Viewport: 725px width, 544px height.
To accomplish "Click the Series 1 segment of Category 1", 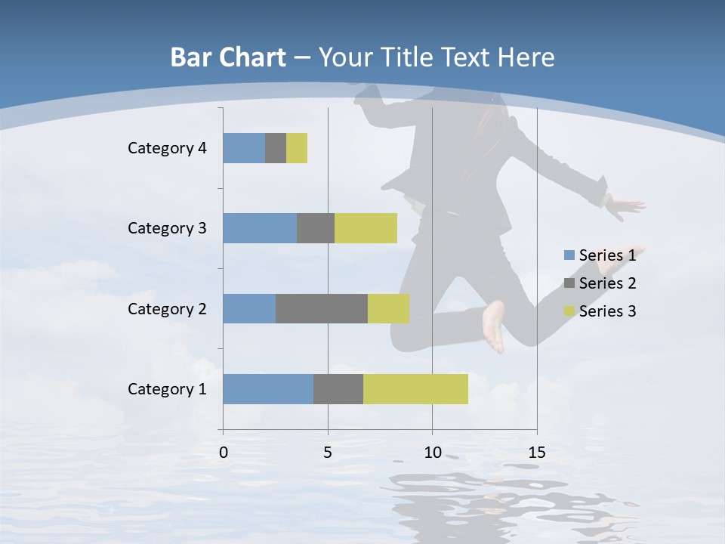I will [x=268, y=389].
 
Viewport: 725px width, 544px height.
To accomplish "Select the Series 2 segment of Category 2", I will [x=322, y=308].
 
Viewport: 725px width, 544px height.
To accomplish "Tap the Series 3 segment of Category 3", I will [x=366, y=228].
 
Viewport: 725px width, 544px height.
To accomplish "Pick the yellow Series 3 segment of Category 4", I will [x=297, y=148].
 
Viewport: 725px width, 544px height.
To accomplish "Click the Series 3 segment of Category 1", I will [x=415, y=389].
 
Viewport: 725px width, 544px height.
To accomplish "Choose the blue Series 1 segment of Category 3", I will [x=260, y=228].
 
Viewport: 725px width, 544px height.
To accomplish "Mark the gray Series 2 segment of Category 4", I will [x=276, y=148].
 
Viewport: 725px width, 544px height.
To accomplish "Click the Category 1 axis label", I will [x=167, y=389].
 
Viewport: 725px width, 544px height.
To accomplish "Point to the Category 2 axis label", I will [x=167, y=308].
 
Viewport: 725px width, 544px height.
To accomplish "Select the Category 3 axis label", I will [x=167, y=228].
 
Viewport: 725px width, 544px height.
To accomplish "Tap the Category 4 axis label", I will [x=167, y=148].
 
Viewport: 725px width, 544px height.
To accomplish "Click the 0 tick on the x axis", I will [x=224, y=453].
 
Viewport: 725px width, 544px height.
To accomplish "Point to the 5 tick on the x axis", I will [x=328, y=453].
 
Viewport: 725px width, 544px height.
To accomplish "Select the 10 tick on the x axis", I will [x=432, y=453].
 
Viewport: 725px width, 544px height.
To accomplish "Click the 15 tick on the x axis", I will [x=537, y=453].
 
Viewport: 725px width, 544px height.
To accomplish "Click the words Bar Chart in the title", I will [x=228, y=57].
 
